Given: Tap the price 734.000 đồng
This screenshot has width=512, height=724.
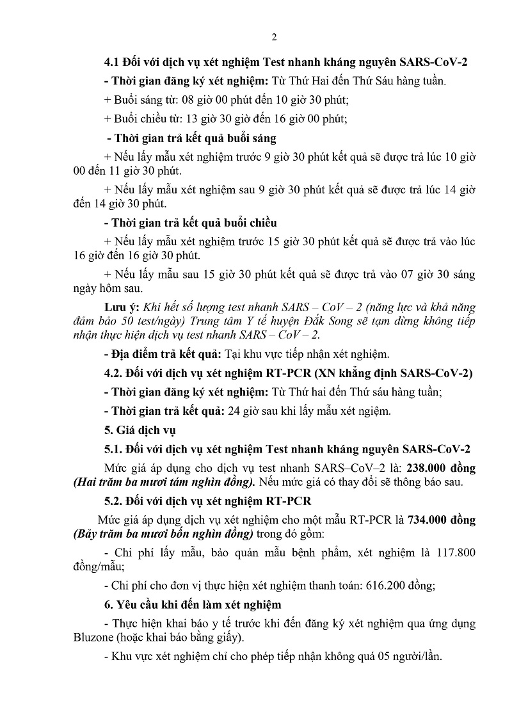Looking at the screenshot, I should coord(441,520).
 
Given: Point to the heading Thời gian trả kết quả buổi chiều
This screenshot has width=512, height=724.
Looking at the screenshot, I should coord(191,223).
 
